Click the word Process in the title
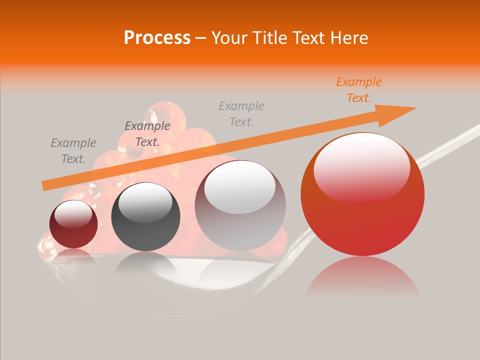[x=157, y=37]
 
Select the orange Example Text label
[x=358, y=90]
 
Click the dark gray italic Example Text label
[x=147, y=134]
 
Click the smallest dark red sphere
[x=73, y=224]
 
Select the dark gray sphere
[x=145, y=217]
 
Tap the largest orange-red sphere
[x=362, y=220]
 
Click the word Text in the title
[x=310, y=37]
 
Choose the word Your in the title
[x=228, y=37]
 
